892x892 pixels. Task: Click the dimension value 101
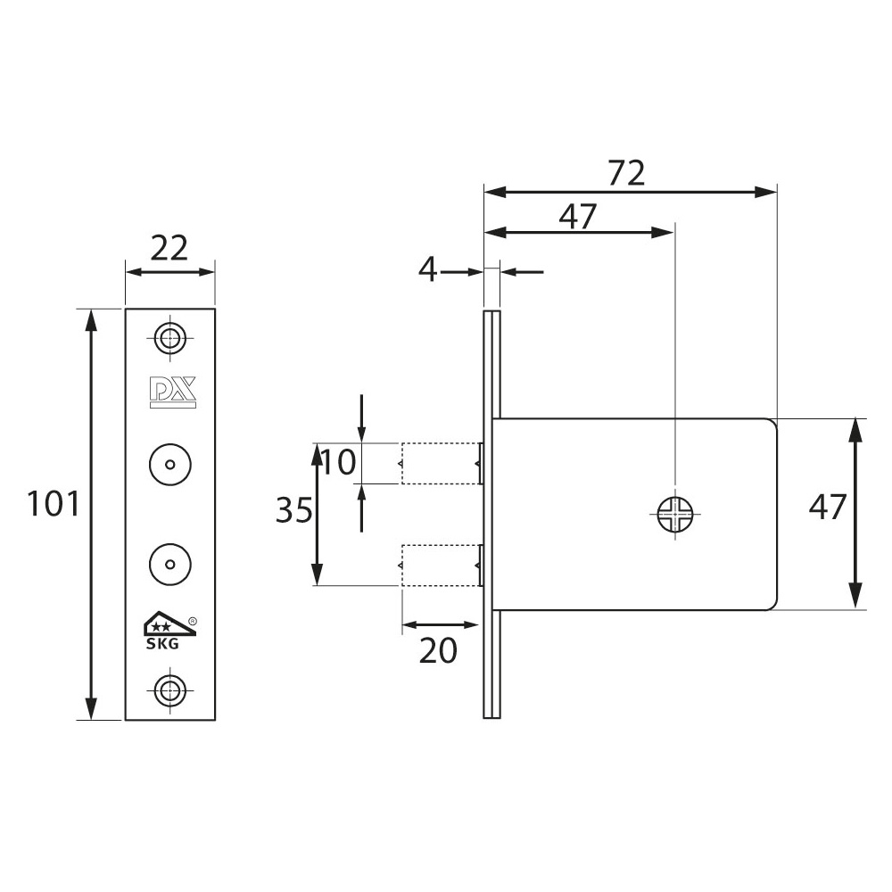pyautogui.click(x=54, y=504)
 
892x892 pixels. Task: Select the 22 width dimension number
pyautogui.click(x=169, y=249)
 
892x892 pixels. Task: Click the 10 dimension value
pyautogui.click(x=339, y=461)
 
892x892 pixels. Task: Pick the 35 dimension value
pyautogui.click(x=294, y=509)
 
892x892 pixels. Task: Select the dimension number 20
pyautogui.click(x=438, y=651)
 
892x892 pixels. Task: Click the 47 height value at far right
pyautogui.click(x=828, y=507)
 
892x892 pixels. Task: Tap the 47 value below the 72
pyautogui.click(x=577, y=216)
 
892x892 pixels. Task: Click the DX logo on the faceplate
pyautogui.click(x=173, y=392)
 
